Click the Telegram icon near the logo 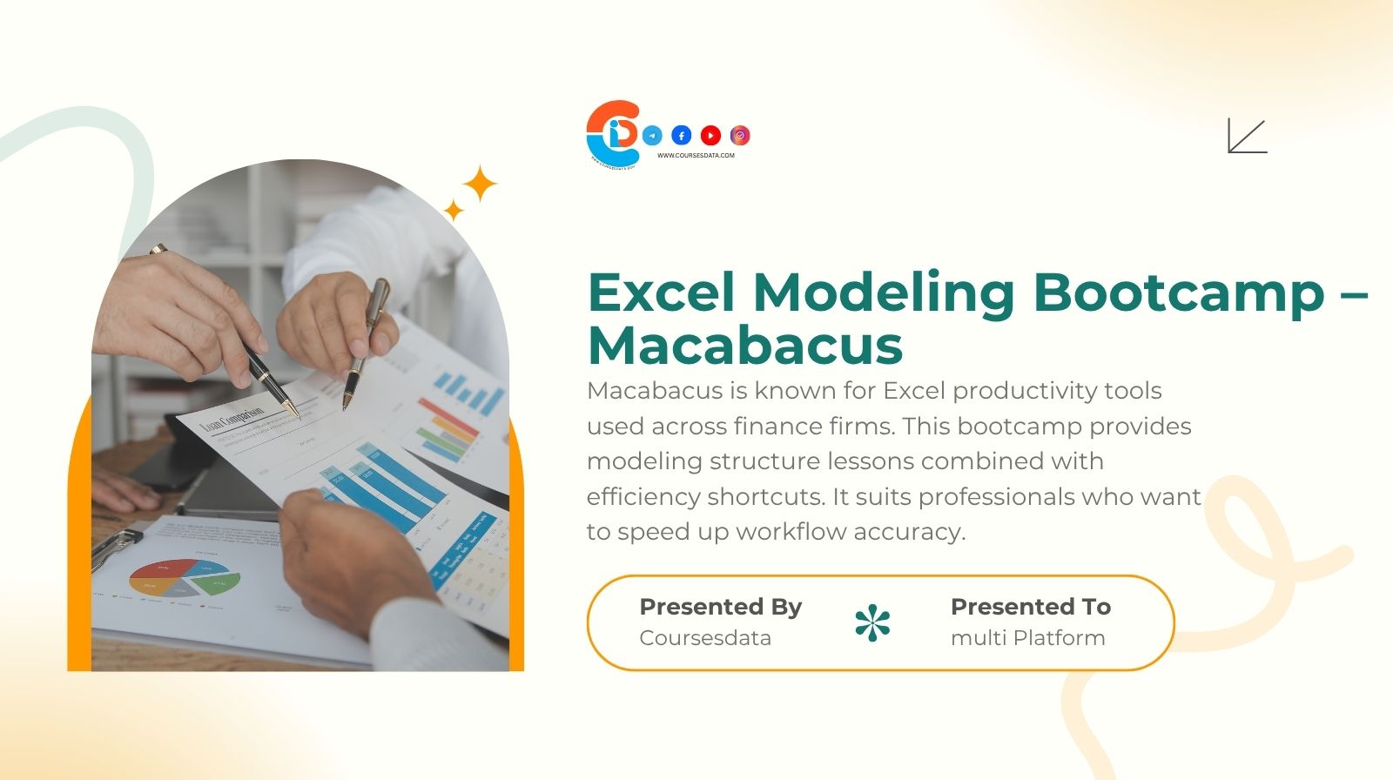tap(652, 135)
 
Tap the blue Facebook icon tap(682, 135)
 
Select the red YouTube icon tap(710, 135)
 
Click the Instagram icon tap(740, 135)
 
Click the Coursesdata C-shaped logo tap(613, 132)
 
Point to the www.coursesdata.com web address tap(696, 156)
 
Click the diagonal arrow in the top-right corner tap(1247, 136)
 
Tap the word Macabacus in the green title tap(745, 346)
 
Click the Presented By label tap(720, 607)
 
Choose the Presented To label tap(1030, 607)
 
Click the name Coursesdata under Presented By tap(704, 638)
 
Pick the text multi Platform tap(1027, 638)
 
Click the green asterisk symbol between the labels tap(872, 622)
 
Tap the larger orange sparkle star tap(479, 184)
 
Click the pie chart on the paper tap(185, 577)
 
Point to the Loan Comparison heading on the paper tap(232, 420)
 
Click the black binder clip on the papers tap(115, 547)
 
